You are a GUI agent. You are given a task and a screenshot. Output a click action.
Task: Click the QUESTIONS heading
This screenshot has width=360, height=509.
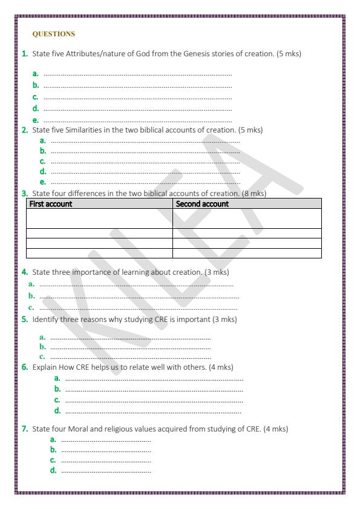tap(53, 34)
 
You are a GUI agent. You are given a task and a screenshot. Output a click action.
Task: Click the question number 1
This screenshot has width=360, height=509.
tap(25, 54)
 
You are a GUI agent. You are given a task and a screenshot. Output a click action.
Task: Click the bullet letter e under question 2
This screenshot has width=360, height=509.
tap(42, 182)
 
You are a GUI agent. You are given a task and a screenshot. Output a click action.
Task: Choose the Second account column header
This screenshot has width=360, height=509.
tap(202, 204)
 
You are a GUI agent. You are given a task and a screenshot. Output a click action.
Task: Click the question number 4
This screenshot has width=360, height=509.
tap(25, 272)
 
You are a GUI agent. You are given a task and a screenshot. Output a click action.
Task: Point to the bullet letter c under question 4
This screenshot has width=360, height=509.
tap(31, 307)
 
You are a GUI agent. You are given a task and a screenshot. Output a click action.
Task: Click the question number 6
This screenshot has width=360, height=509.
tap(25, 367)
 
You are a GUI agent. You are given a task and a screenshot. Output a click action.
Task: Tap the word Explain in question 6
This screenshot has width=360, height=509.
tap(45, 367)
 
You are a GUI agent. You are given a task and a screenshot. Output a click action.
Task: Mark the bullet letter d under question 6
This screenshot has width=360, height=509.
tap(57, 411)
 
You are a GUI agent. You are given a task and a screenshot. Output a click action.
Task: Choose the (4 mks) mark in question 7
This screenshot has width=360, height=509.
tap(275, 429)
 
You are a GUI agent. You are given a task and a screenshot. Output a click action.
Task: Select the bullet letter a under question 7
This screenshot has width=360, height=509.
tap(53, 439)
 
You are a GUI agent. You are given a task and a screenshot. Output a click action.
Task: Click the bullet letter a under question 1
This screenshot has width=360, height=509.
tap(36, 74)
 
